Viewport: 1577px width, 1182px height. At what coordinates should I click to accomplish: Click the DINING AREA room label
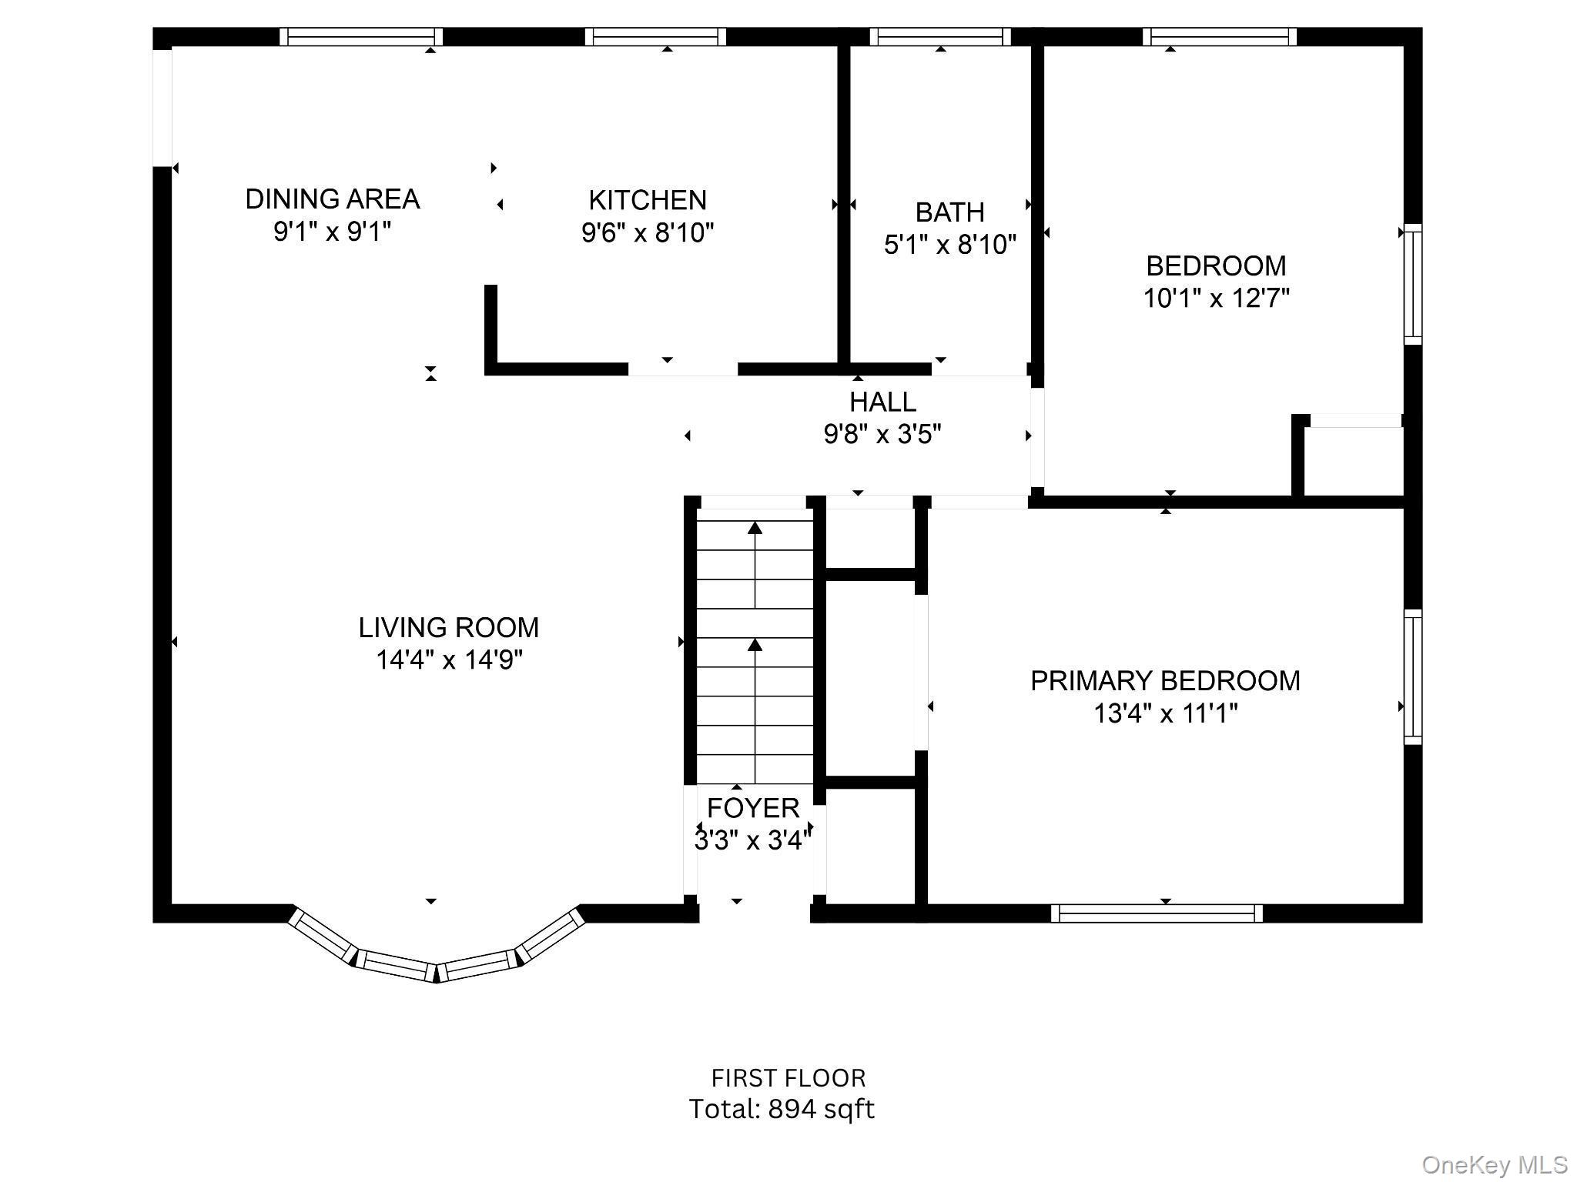pos(332,199)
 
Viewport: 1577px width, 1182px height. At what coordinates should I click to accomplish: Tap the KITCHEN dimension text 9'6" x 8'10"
pos(648,232)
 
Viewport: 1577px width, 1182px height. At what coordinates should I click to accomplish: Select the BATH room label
pos(949,212)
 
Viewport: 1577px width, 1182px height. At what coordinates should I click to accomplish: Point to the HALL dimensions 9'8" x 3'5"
pos(882,435)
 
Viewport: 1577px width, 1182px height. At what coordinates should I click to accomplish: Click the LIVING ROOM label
pos(448,628)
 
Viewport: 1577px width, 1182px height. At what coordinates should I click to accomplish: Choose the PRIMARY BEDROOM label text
pos(1165,681)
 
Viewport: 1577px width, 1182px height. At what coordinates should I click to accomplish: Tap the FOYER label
pos(753,808)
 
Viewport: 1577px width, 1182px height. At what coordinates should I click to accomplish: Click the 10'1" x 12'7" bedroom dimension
pos(1216,298)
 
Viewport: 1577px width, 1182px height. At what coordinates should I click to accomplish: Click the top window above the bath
pos(940,36)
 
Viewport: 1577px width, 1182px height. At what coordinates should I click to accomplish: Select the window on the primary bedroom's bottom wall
pos(1157,913)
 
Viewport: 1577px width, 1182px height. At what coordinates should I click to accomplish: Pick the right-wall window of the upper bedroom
pos(1412,284)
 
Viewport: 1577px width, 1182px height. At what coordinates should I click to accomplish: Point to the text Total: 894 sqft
pos(781,1109)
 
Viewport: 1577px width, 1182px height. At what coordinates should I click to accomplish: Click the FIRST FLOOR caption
pos(788,1078)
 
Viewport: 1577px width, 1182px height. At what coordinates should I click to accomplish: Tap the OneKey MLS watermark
pos(1495,1165)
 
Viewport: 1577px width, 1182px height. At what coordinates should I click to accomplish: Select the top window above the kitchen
pos(655,36)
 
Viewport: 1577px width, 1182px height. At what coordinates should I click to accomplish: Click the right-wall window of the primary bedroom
pos(1412,676)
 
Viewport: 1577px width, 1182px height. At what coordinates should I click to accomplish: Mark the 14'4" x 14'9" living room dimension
pos(449,660)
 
